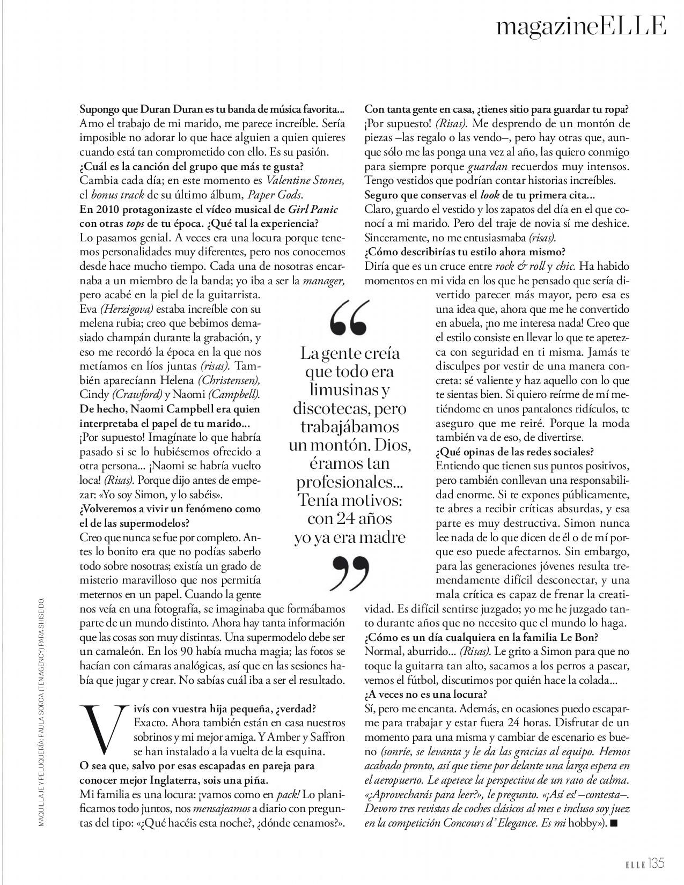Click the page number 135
[x=655, y=863]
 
